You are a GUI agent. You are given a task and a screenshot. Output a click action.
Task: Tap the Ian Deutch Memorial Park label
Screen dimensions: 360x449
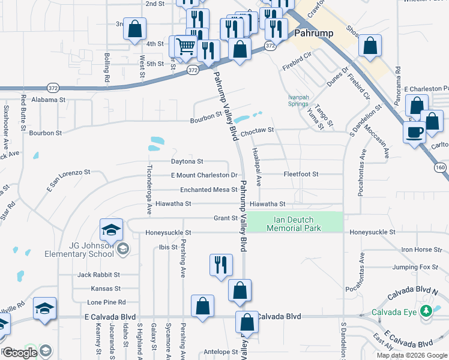[294, 224]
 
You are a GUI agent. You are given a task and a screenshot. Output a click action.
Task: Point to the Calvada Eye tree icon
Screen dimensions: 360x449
[426, 311]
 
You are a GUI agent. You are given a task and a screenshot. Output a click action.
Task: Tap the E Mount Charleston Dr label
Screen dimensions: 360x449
[204, 175]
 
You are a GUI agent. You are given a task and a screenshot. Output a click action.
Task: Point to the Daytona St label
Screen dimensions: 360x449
[187, 161]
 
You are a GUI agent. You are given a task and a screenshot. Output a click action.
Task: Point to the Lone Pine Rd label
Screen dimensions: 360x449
[105, 302]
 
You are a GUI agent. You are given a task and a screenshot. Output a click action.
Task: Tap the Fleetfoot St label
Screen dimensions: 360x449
[301, 174]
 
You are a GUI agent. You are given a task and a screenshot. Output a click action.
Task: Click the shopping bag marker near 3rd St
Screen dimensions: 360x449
[135, 29]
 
